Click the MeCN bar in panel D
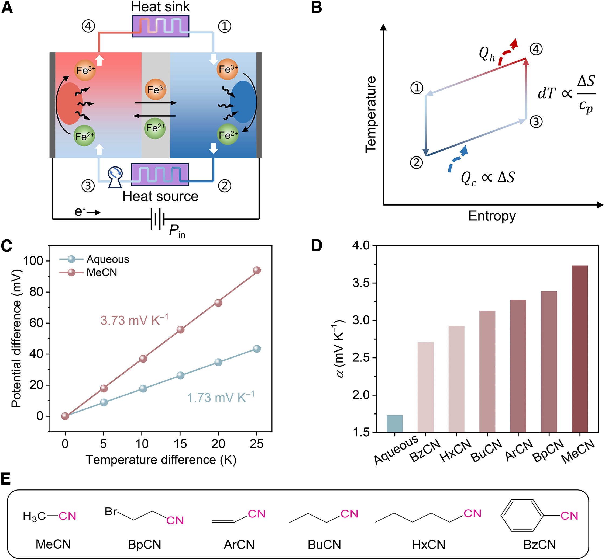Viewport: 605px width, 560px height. [x=580, y=349]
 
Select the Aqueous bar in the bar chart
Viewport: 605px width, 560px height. [x=394, y=423]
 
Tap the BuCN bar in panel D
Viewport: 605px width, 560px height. [x=487, y=371]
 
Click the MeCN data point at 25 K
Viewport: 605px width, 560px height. [x=257, y=270]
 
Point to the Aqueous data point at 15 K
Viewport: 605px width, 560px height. [x=180, y=375]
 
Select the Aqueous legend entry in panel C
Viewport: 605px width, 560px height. [x=108, y=259]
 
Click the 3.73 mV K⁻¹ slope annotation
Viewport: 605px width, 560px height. [x=134, y=320]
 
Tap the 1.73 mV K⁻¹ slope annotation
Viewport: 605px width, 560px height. [x=221, y=398]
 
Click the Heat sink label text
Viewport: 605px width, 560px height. [x=160, y=7]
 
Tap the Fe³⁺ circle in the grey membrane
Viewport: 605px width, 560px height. [x=156, y=89]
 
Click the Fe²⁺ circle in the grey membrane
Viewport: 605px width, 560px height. [x=155, y=128]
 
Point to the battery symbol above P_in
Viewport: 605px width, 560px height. [x=157, y=219]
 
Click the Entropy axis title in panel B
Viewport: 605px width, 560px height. [x=491, y=216]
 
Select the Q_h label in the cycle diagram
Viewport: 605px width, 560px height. [x=486, y=54]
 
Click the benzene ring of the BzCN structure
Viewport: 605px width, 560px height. [x=522, y=516]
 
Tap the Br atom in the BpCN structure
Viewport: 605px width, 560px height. [x=111, y=512]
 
